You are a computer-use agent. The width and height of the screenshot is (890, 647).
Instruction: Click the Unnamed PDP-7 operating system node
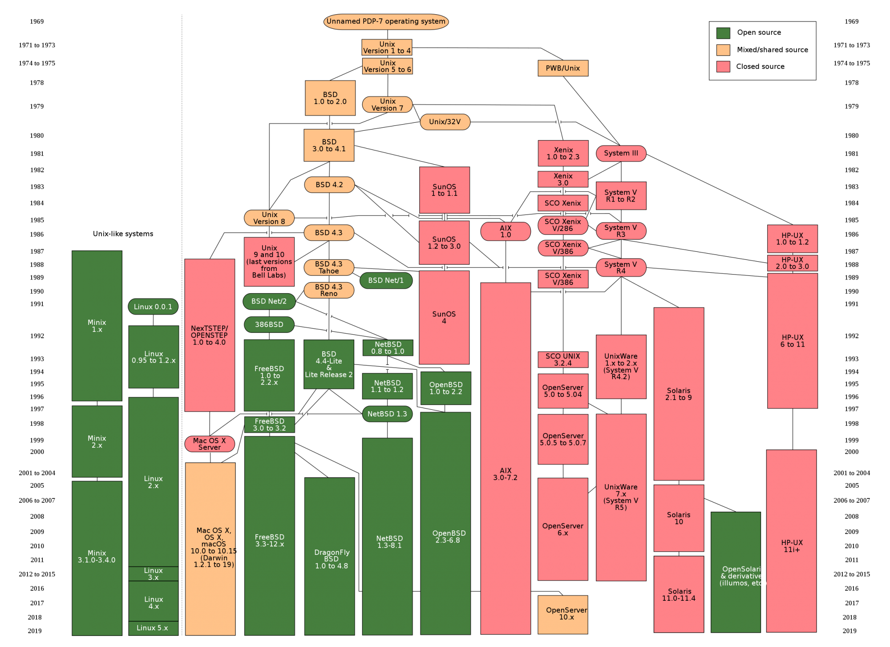(x=386, y=21)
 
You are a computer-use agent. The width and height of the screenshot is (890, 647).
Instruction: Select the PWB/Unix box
(x=562, y=68)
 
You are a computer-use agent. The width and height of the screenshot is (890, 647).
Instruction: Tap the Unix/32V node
(x=445, y=122)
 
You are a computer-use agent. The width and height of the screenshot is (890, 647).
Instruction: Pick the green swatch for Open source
(x=723, y=33)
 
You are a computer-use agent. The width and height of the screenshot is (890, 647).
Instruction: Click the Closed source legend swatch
(x=723, y=67)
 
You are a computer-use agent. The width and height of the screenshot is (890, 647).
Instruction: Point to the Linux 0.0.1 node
(x=153, y=307)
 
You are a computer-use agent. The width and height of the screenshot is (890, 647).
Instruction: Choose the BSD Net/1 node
(x=386, y=280)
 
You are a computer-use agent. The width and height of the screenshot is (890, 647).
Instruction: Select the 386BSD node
(x=269, y=324)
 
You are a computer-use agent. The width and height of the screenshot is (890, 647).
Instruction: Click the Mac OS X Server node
(x=210, y=444)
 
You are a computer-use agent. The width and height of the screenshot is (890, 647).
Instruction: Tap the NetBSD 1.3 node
(x=387, y=414)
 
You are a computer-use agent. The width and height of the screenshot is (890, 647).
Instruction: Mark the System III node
(x=621, y=153)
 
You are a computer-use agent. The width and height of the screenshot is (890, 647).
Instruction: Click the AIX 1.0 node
(x=506, y=231)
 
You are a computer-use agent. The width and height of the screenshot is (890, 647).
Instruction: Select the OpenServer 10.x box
(x=563, y=615)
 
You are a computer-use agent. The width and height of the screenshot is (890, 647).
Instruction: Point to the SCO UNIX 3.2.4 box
(x=563, y=360)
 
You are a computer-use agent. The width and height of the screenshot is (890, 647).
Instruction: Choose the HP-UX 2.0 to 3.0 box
(x=792, y=263)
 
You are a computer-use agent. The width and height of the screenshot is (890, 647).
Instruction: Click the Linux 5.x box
(x=153, y=628)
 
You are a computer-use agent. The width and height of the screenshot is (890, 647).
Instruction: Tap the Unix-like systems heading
(x=123, y=234)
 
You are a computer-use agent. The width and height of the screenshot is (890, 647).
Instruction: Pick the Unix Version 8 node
(x=269, y=218)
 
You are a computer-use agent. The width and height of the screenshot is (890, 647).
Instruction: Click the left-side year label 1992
(x=37, y=336)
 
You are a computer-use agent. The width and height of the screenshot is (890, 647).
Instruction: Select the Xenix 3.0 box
(x=563, y=179)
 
